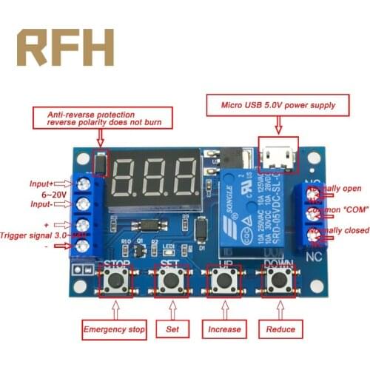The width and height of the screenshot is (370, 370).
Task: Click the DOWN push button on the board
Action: [277, 280]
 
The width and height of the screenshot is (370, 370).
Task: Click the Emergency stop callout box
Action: [115, 329]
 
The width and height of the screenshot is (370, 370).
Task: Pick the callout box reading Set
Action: [172, 329]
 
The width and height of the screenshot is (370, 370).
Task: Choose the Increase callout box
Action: [224, 329]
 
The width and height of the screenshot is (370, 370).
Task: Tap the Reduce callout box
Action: [280, 329]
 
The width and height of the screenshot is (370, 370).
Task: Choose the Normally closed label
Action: [340, 230]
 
